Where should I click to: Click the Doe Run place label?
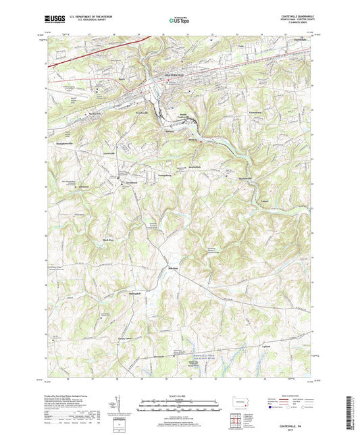pyautogui.click(x=172, y=267)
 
